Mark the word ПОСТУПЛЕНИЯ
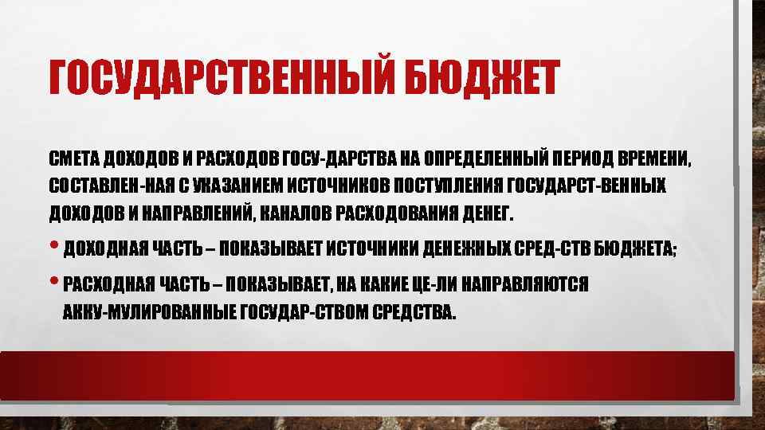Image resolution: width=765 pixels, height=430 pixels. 449,186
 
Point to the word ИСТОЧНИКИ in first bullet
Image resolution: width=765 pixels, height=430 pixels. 372,250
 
